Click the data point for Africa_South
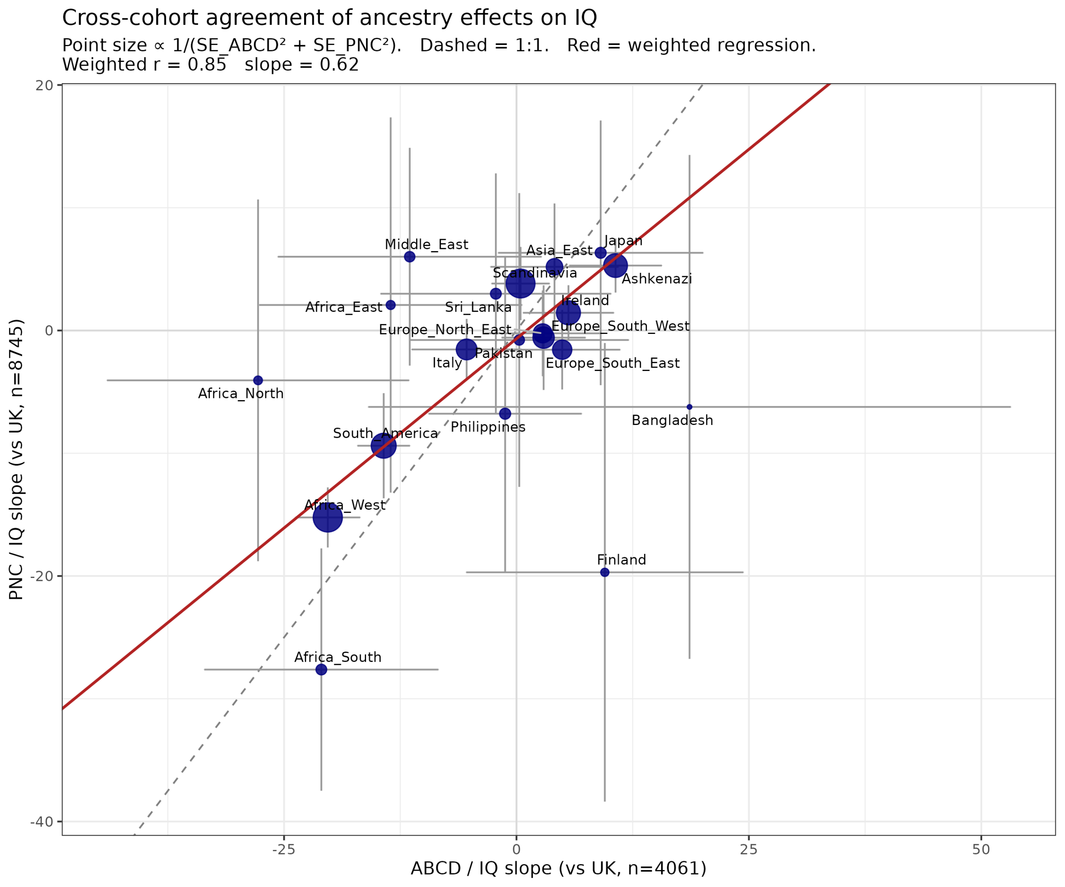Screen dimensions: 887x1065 [x=321, y=670]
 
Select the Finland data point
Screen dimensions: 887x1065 [x=604, y=573]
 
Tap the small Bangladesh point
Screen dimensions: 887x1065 [x=689, y=407]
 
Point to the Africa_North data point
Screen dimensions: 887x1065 [x=258, y=380]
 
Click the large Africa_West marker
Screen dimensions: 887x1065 [x=328, y=517]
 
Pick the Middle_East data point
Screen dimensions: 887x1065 [x=410, y=257]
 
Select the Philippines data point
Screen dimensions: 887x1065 [x=505, y=414]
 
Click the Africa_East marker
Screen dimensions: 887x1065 [x=391, y=305]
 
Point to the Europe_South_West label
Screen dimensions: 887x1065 [x=620, y=326]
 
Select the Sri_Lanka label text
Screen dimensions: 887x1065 [x=478, y=308]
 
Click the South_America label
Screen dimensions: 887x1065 [x=385, y=434]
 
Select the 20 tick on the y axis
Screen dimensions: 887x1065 [x=45, y=86]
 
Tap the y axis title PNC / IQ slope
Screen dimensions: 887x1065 [x=16, y=459]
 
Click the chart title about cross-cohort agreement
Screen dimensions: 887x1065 [x=329, y=18]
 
